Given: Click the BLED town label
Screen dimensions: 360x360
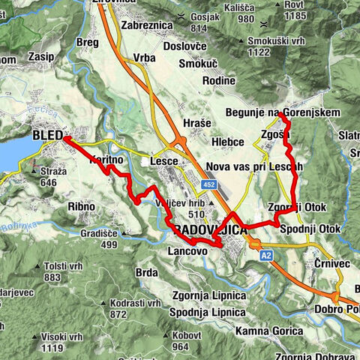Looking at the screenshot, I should point(47,136).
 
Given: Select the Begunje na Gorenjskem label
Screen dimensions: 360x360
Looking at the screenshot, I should point(282,112).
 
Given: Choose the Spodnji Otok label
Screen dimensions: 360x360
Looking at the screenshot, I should point(310,228).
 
